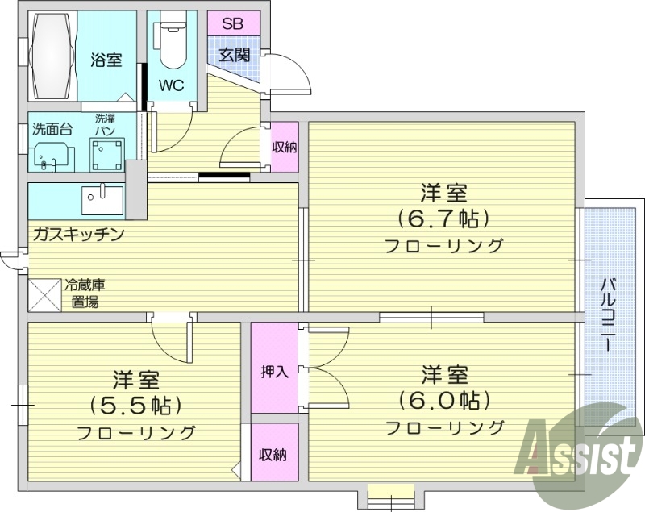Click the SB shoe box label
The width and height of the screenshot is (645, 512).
pos(233,23)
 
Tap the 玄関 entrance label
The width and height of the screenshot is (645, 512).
pos(235,55)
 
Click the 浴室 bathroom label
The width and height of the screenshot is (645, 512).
pos(105,59)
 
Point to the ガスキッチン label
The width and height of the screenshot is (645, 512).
pos(77,235)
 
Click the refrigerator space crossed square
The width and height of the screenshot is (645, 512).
pos(45,295)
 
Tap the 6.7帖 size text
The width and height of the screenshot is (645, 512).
pos(443,219)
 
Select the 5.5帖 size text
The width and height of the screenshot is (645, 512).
pos(136,405)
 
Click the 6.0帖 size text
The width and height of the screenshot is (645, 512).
pos(444,400)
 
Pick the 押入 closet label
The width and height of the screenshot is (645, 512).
pos(274,372)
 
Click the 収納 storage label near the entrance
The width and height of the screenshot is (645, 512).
pos(284,147)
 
